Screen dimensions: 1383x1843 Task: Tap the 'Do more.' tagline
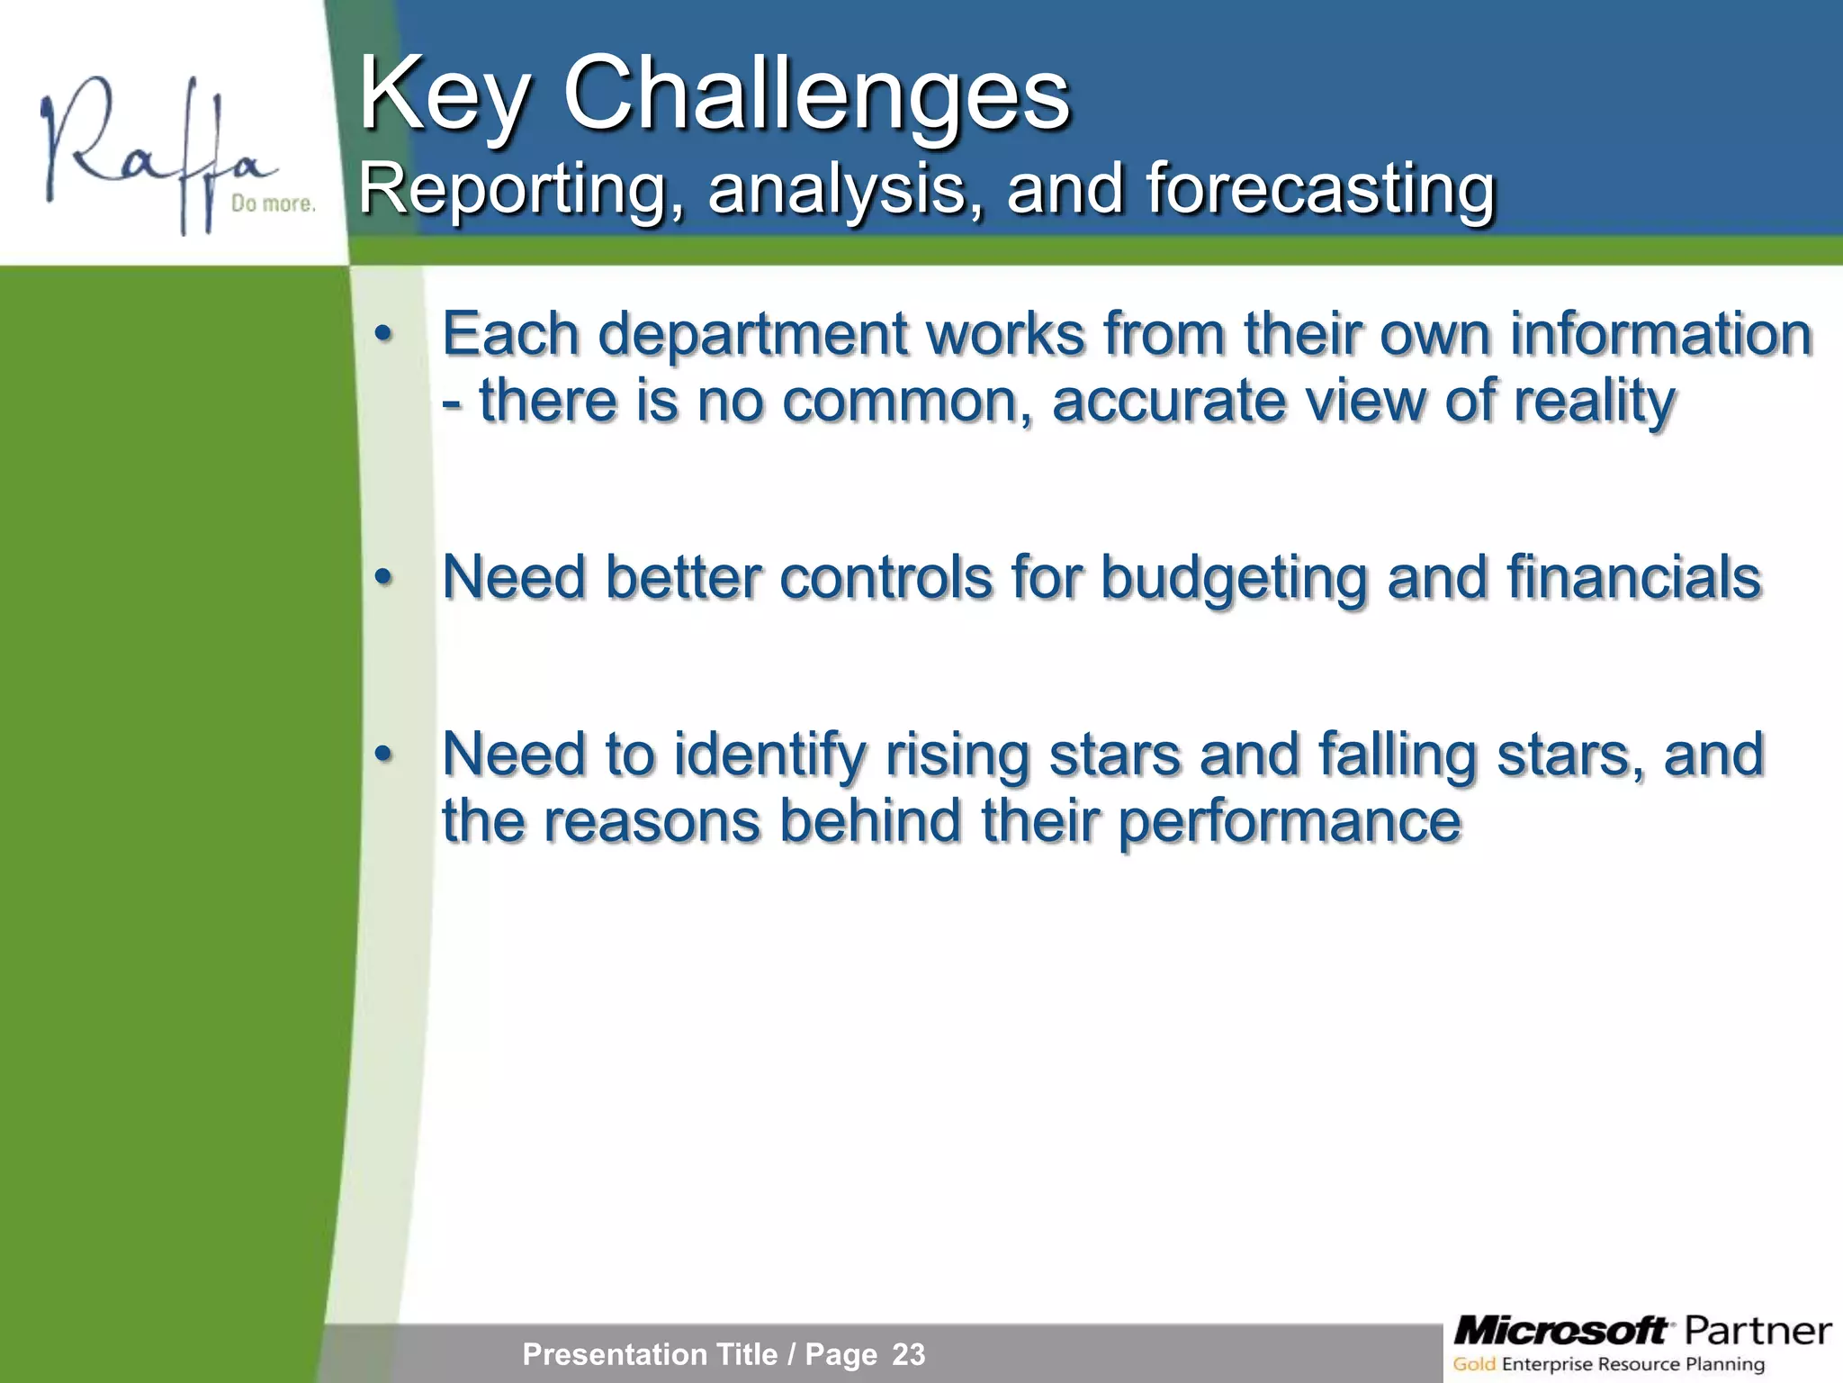pos(273,203)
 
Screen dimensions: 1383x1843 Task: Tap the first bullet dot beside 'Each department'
pos(384,334)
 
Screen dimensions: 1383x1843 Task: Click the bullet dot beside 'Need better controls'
pos(384,576)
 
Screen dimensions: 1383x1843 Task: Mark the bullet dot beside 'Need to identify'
pos(384,754)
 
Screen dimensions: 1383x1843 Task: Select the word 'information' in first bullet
pos(1660,334)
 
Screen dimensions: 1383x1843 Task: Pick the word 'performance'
pos(1290,822)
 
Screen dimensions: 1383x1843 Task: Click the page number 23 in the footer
pos(908,1354)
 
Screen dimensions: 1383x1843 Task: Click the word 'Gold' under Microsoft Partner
pos(1474,1364)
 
